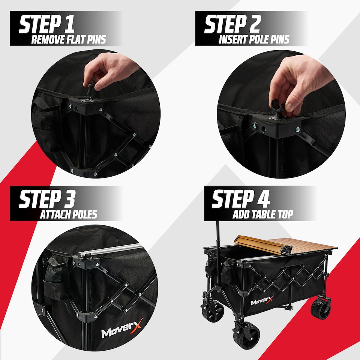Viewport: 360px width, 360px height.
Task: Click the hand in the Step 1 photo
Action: [103, 71]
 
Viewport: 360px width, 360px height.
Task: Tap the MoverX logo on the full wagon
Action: [262, 301]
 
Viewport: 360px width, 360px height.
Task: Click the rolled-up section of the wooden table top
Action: [261, 245]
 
